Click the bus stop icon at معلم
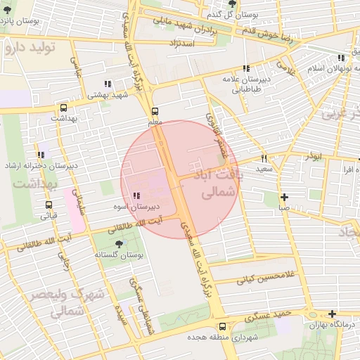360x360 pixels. coord(155,110)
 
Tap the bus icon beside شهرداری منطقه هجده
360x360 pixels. coord(223,326)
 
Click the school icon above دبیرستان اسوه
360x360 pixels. coord(136,195)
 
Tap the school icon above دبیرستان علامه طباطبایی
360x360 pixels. coord(246,69)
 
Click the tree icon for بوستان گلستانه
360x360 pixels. coord(118,243)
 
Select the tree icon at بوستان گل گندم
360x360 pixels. coord(233,4)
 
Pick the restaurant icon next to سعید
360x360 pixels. coord(264,158)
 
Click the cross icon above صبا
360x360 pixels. coord(283,198)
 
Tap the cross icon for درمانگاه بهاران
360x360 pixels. coord(332,314)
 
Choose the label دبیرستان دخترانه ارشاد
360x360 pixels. coord(36,165)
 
